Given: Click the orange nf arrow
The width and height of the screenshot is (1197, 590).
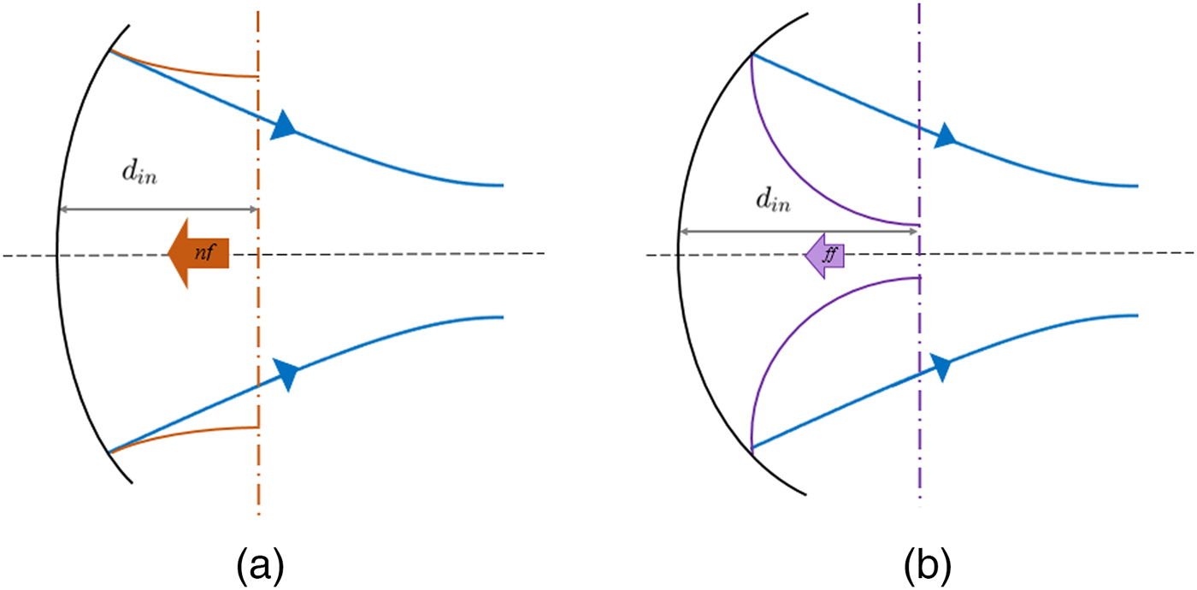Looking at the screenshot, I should (199, 253).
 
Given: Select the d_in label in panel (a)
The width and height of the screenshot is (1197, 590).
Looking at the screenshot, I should (138, 176).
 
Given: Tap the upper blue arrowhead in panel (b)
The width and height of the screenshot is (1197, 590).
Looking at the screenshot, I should (945, 135).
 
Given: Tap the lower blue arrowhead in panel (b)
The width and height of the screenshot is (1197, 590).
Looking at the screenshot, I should (941, 368).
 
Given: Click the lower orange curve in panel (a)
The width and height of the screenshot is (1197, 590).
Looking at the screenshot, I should (188, 434).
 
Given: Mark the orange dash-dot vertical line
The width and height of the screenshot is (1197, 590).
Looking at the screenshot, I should (258, 479).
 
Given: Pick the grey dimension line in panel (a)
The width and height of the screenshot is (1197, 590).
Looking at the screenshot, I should (158, 209).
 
